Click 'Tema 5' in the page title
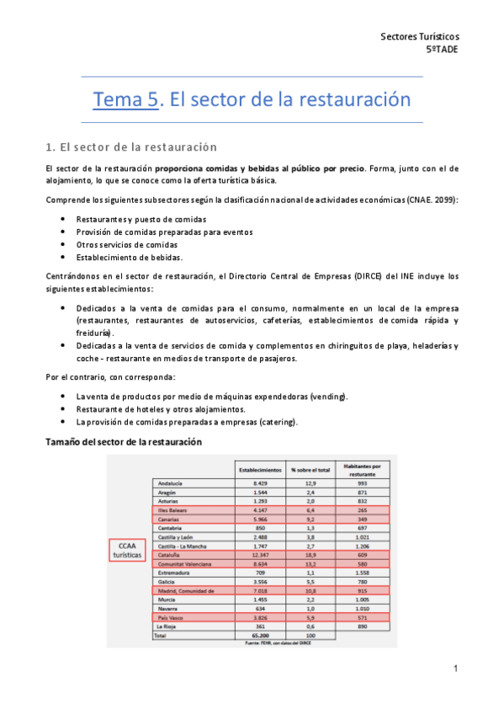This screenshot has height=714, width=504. click(x=125, y=100)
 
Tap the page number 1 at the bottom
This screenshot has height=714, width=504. click(x=455, y=669)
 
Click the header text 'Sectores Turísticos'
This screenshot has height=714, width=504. click(x=420, y=36)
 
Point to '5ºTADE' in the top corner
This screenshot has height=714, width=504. click(x=443, y=49)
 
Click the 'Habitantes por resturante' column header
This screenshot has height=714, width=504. click(x=363, y=468)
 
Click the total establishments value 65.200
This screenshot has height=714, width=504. click(x=260, y=636)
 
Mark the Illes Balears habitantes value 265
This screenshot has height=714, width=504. click(x=363, y=511)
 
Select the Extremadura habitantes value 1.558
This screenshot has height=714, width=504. click(x=363, y=573)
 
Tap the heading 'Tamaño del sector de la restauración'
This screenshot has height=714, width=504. click(x=124, y=441)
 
